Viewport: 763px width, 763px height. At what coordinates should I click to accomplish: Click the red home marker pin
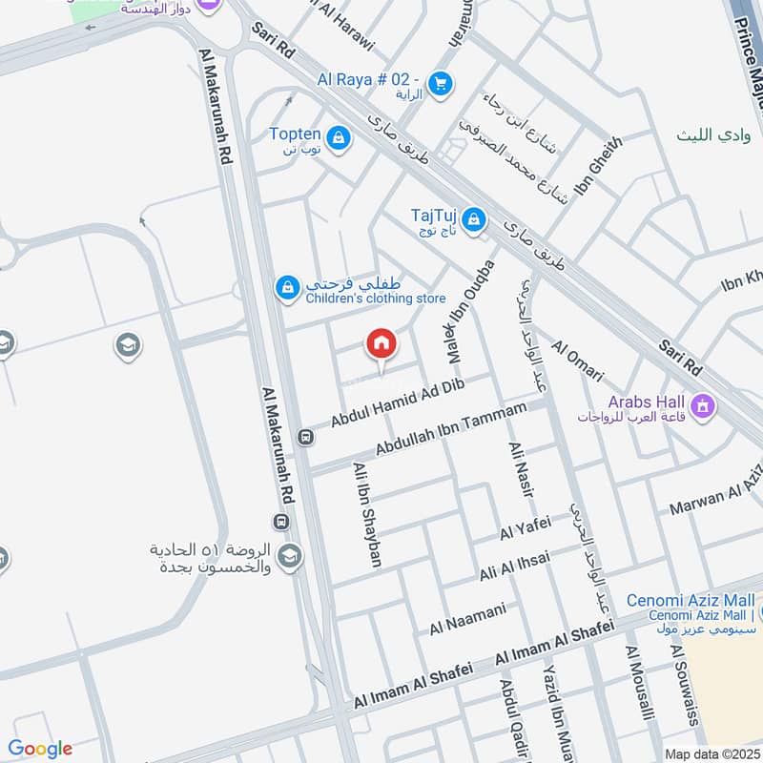[x=381, y=343]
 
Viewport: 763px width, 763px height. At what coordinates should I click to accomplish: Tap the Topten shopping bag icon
[x=338, y=140]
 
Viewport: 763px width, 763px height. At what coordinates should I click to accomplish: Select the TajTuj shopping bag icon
[x=474, y=222]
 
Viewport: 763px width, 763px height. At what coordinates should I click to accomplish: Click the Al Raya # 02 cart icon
[x=440, y=84]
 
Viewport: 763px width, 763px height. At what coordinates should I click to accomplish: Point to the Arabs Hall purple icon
[x=704, y=407]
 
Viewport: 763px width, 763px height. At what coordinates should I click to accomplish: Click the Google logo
[x=40, y=749]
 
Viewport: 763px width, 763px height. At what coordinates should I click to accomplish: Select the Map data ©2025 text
[x=711, y=752]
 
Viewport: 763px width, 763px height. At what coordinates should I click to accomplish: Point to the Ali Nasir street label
[x=524, y=471]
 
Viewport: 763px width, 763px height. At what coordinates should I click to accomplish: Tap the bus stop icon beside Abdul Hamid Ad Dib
[x=305, y=438]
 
